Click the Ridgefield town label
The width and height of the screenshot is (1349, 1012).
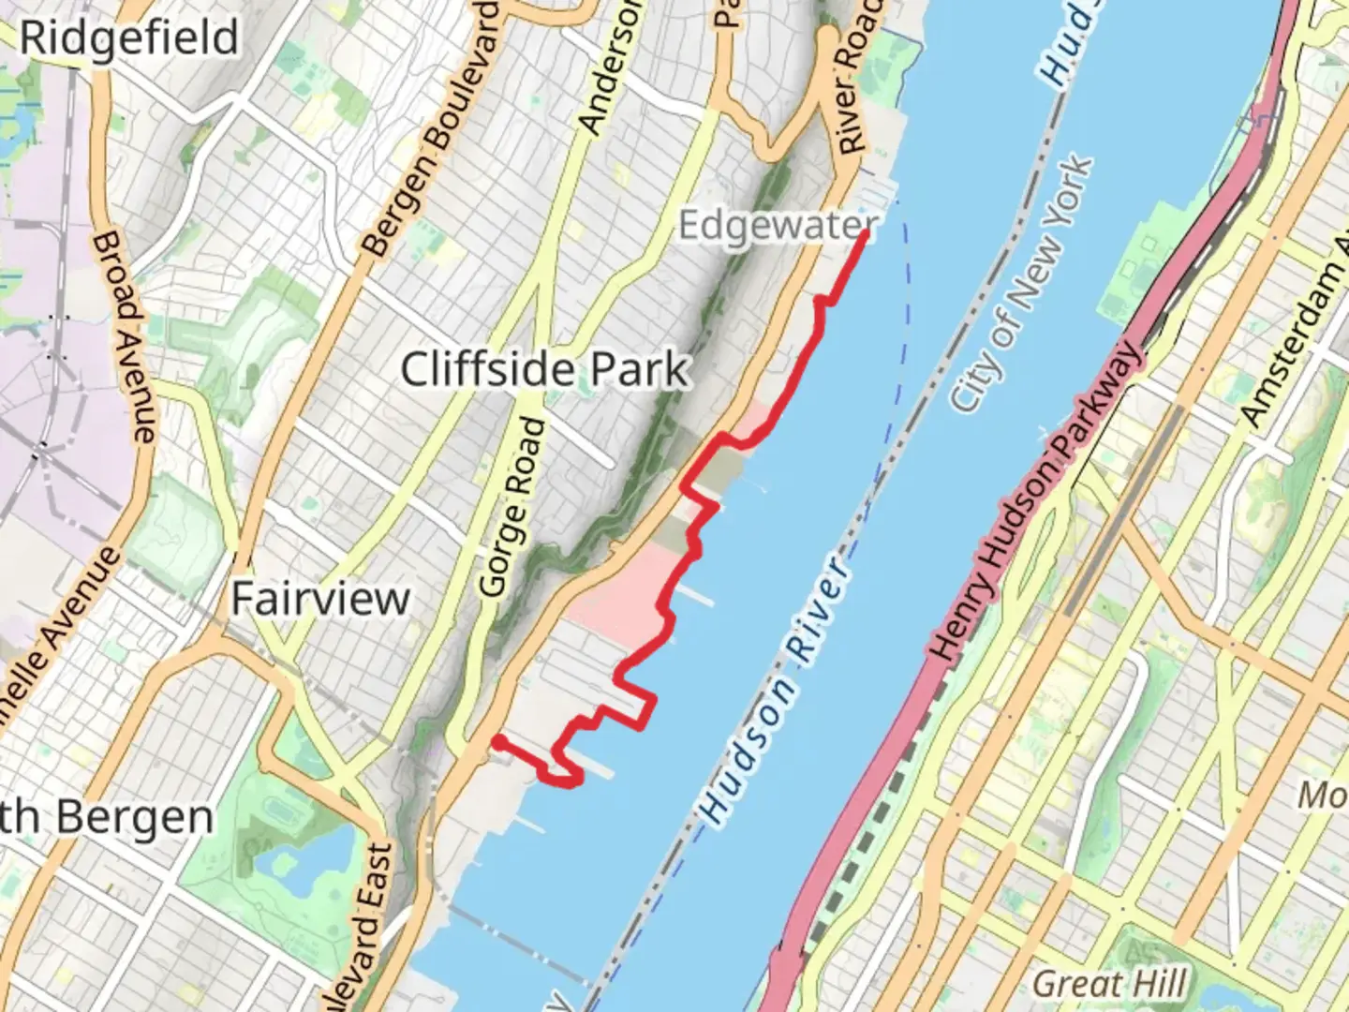click(x=129, y=39)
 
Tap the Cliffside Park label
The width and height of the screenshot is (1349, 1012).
click(x=545, y=369)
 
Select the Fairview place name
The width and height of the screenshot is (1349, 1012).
click(x=320, y=598)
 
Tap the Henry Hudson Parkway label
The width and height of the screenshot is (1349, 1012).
click(x=1036, y=501)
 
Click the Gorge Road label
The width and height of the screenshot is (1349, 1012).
click(x=511, y=507)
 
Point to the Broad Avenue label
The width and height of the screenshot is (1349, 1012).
click(x=124, y=338)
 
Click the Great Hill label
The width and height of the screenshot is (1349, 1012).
click(x=1109, y=984)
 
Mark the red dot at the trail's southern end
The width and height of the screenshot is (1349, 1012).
click(x=500, y=742)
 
